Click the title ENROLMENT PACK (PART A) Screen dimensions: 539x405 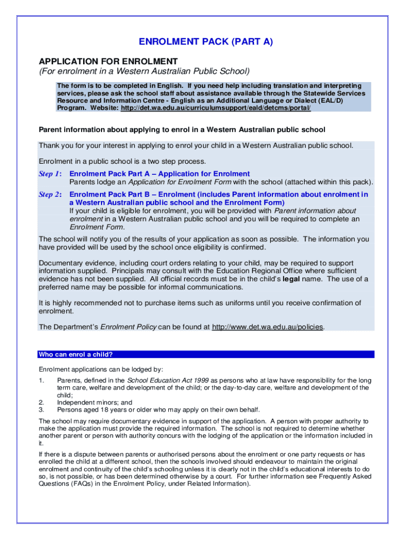pos(206,42)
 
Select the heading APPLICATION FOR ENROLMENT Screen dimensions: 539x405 pos(108,61)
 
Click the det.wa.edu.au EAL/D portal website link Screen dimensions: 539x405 pos(216,107)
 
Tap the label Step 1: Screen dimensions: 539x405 pos(50,174)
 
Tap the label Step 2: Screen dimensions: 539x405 pos(50,195)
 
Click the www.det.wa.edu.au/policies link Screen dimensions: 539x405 pos(268,327)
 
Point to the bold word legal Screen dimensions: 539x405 pos(291,279)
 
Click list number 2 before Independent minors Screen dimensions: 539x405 pos(41,402)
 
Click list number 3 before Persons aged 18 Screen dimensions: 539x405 pos(41,410)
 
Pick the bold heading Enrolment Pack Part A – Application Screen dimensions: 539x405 pos(159,174)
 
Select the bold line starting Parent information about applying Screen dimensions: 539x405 pos(182,129)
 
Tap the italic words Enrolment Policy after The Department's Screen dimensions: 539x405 pos(128,327)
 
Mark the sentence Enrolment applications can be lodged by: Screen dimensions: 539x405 pos(101,369)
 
